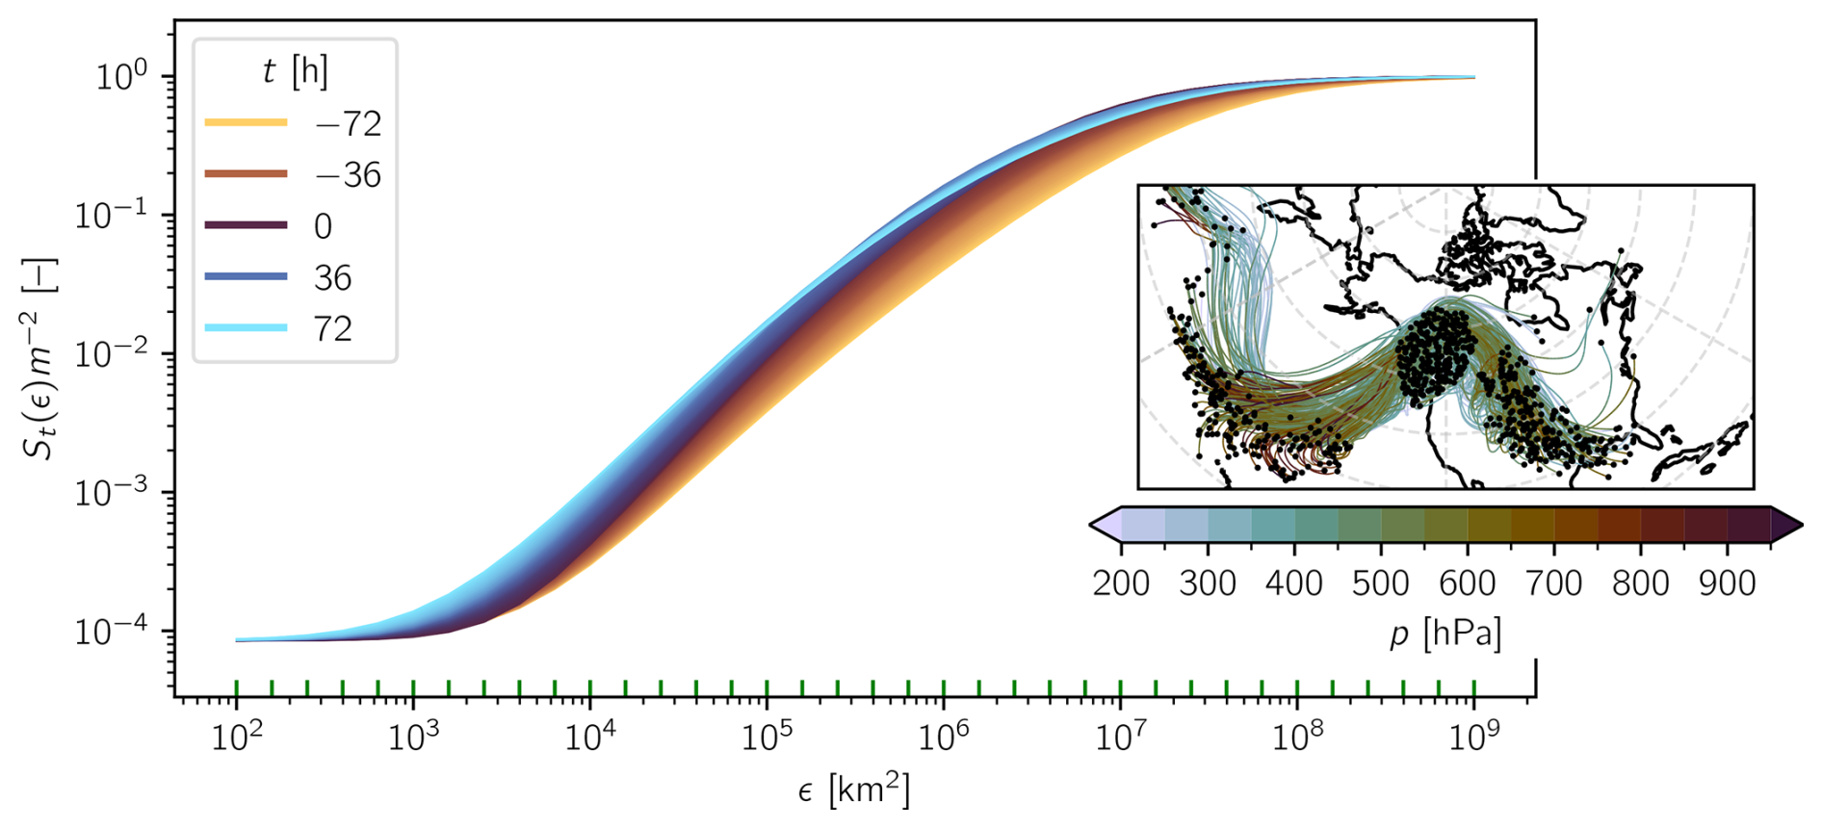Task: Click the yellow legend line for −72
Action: click(246, 122)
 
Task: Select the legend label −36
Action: click(348, 175)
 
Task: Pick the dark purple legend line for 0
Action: click(246, 225)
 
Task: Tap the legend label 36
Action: click(332, 278)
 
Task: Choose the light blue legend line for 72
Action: click(246, 328)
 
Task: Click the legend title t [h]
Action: click(295, 71)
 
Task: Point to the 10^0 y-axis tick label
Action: click(120, 76)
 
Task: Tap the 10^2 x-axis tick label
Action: click(237, 738)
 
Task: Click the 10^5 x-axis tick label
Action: click(768, 738)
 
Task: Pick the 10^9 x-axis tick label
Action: click(1474, 738)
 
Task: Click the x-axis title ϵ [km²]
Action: click(853, 789)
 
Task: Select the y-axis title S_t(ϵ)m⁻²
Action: click(42, 358)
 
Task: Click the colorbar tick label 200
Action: click(1121, 583)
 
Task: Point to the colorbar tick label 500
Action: click(1381, 583)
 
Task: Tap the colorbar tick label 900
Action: click(1728, 583)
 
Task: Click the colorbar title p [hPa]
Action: click(1445, 634)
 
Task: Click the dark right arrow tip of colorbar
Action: click(1789, 525)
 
